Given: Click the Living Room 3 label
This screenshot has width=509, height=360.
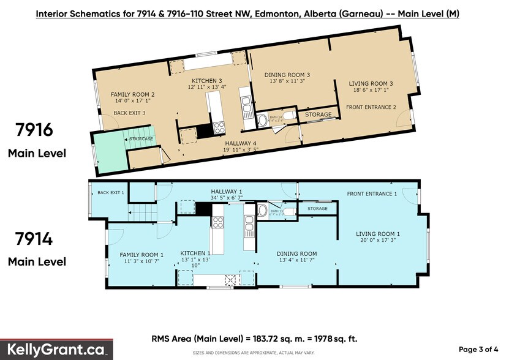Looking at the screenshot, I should tap(371, 84).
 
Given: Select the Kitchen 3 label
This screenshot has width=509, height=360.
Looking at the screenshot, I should tap(206, 81).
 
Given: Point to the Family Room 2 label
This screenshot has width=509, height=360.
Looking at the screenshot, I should tap(132, 94).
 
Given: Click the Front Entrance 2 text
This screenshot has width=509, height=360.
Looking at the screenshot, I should tap(371, 107).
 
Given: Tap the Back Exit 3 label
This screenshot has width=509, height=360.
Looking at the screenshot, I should tap(129, 113).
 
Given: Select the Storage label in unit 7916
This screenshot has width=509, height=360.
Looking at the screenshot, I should tap(319, 114).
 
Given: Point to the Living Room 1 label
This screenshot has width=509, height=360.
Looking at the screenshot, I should tap(379, 234).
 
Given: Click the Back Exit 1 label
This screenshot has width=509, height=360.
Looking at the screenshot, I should tap(110, 193).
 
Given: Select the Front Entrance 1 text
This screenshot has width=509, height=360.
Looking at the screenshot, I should tap(372, 194).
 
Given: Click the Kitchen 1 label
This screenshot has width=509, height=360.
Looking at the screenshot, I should tap(195, 253).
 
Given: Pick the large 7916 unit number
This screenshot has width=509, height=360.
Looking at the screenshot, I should tap(36, 130).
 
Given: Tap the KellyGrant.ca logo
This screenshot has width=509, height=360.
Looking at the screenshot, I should tap(56, 350).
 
